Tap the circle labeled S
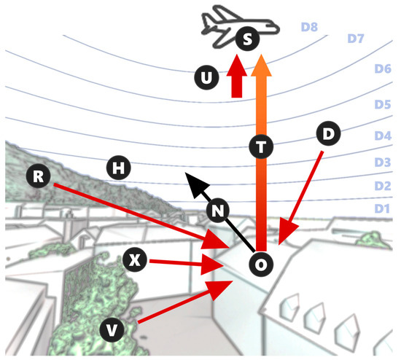(x=247, y=39)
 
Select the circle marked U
(x=206, y=77)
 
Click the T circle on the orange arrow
(x=261, y=146)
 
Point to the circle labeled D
(x=328, y=133)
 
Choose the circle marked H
(x=118, y=168)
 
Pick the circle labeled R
(x=39, y=176)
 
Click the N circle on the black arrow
(x=218, y=210)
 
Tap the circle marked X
(x=135, y=260)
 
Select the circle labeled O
(x=261, y=264)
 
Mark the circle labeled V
(x=112, y=330)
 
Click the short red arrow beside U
(x=237, y=76)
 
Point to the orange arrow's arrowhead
(x=261, y=66)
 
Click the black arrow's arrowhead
(x=195, y=184)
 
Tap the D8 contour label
(x=309, y=27)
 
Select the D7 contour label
(x=356, y=39)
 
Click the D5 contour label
(x=383, y=104)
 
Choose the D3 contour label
(x=383, y=162)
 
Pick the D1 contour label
(x=382, y=208)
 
